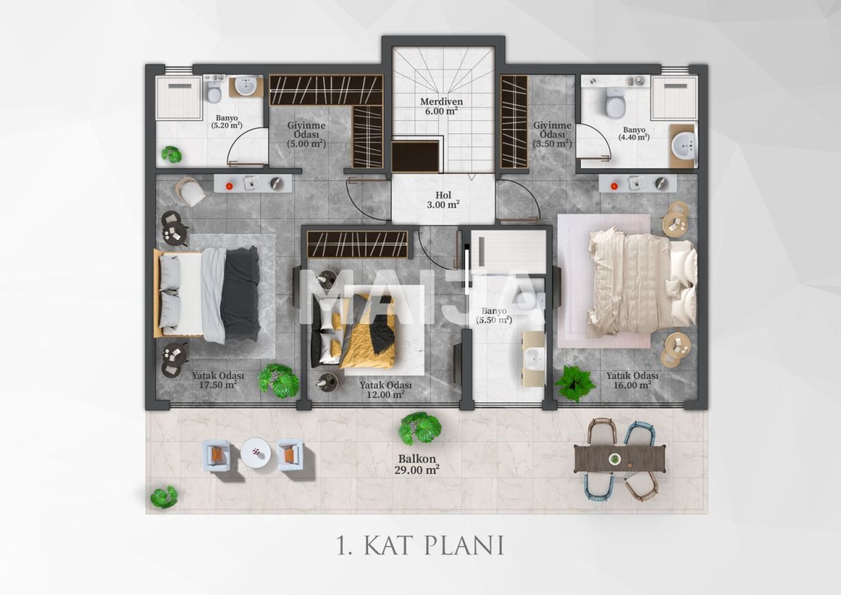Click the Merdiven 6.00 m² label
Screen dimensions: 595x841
pos(442,107)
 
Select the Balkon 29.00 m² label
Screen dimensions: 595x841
pos(418,464)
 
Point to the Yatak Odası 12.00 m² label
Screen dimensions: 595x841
pos(386,390)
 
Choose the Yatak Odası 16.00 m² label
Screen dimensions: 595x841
pos(632,380)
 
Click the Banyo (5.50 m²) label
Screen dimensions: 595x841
pos(496,316)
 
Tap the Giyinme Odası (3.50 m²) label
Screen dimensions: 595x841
pos(552,134)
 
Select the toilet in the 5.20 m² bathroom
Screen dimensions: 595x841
pos(214,92)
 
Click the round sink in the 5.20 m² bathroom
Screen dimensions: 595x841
pos(247,86)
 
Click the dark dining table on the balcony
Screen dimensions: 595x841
pos(620,458)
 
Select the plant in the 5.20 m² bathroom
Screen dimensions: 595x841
pos(171,155)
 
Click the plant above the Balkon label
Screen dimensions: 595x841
pos(419,427)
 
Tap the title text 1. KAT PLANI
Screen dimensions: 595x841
pos(420,545)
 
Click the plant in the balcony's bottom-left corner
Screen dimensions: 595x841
pos(164,496)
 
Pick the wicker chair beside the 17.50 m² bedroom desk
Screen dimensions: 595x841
pos(191,192)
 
